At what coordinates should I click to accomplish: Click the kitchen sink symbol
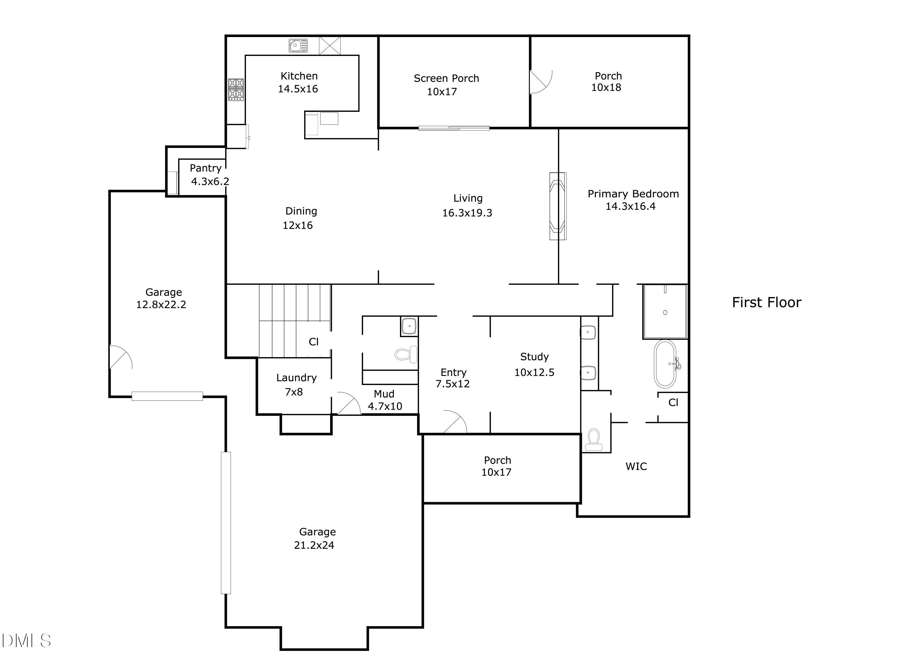tap(298, 45)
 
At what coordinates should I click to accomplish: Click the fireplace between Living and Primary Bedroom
tap(558, 206)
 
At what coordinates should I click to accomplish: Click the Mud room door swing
tap(348, 404)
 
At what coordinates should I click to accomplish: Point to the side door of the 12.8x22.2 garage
tap(120, 357)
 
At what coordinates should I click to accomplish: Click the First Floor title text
tap(766, 302)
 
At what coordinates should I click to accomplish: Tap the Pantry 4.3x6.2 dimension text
tap(210, 181)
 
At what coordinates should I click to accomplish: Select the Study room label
tap(534, 357)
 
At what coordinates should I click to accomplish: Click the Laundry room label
tap(296, 378)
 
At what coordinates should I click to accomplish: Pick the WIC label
tap(636, 466)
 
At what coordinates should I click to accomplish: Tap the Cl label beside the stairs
tap(313, 342)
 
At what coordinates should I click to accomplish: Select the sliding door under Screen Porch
tap(454, 128)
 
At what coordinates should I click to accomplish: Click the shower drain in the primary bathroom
tap(665, 312)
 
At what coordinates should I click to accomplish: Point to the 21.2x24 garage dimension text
tap(314, 545)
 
